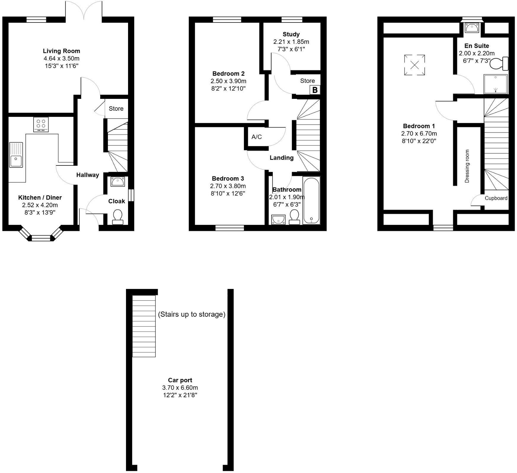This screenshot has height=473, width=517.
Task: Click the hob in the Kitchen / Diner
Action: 41,124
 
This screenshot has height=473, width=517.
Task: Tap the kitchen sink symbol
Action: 16,155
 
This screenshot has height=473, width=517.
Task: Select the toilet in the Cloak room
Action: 118,217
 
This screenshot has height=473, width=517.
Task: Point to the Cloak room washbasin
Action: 118,181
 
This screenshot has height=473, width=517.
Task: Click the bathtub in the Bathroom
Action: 311,200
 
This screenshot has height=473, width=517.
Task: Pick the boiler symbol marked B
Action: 315,90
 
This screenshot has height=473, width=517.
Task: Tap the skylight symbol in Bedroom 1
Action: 414,65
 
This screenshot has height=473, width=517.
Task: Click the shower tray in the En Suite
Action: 495,84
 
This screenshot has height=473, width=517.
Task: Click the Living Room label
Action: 61,51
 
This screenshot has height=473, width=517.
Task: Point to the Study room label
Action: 291,34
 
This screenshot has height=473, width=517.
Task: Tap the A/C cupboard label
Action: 257,137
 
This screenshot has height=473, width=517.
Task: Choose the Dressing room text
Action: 467,166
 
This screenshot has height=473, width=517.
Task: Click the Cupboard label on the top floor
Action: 496,198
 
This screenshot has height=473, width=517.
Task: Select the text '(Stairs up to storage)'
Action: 192,314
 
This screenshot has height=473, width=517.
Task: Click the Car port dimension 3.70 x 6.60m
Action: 180,387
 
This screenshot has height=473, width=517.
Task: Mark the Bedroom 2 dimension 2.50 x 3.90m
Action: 228,81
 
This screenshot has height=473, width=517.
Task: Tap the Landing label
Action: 281,158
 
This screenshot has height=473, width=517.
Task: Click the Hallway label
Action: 88,175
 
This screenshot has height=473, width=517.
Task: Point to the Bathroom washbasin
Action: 278,219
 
